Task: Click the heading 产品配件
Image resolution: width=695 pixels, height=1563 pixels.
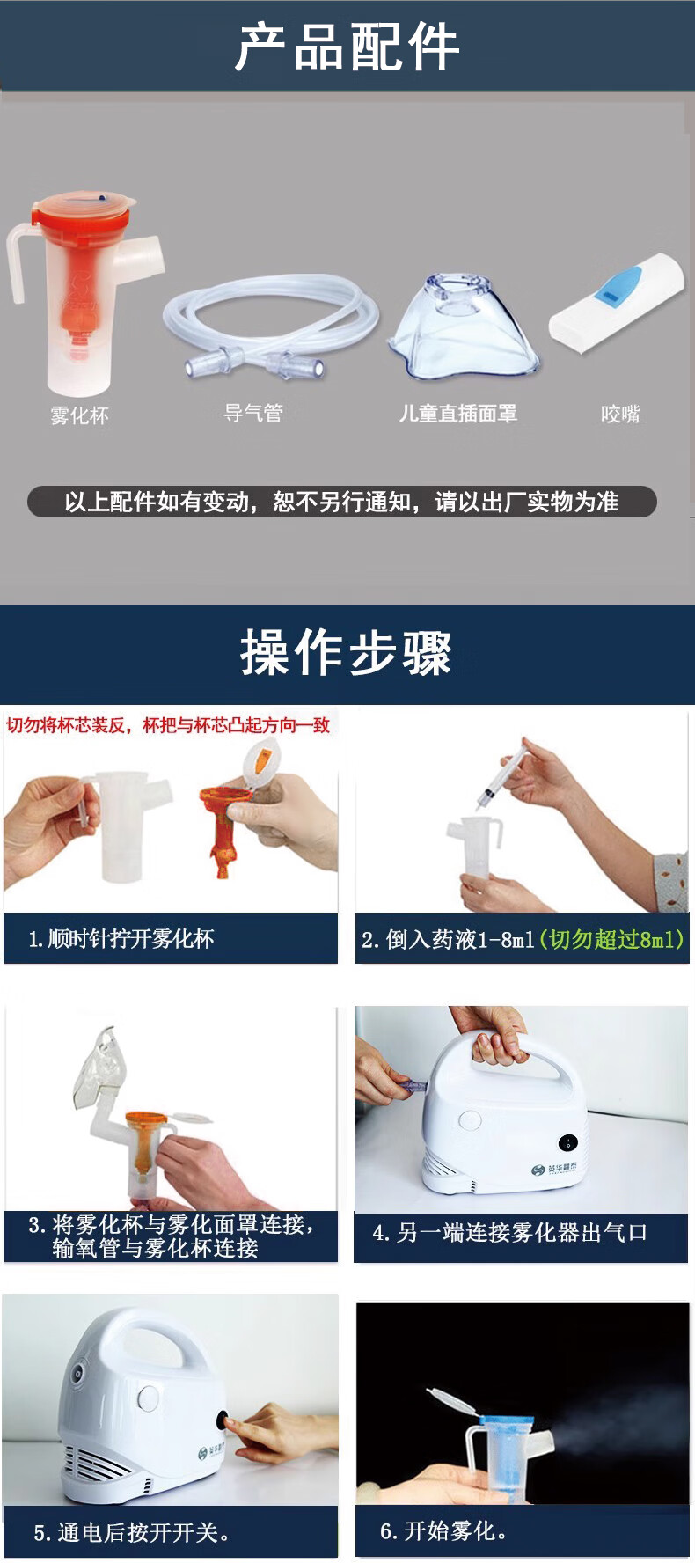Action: coord(347,47)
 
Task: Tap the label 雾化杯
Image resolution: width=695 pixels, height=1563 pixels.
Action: coord(79,415)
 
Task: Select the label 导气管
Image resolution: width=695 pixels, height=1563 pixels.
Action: coord(253,413)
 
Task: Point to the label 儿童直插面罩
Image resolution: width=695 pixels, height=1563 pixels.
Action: coord(458,414)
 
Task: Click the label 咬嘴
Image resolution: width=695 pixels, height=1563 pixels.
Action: coord(620,414)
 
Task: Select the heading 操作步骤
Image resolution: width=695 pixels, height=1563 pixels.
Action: coord(347,653)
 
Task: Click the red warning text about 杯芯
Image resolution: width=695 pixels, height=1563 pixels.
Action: coord(168,725)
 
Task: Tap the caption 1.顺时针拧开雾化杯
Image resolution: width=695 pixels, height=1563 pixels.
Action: coord(121,939)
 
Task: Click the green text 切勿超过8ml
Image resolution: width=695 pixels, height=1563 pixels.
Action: coord(612,940)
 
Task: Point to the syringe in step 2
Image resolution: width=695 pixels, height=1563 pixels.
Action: coord(501,774)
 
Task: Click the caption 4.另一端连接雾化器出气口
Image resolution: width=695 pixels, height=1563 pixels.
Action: coord(510,1233)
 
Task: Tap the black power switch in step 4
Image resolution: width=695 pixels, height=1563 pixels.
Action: coord(568,1143)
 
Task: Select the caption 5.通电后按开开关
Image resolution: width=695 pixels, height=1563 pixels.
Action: coord(132,1533)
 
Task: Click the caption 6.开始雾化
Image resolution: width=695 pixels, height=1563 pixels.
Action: coord(443,1531)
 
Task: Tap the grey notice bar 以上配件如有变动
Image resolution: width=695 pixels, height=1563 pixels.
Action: coord(342,502)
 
